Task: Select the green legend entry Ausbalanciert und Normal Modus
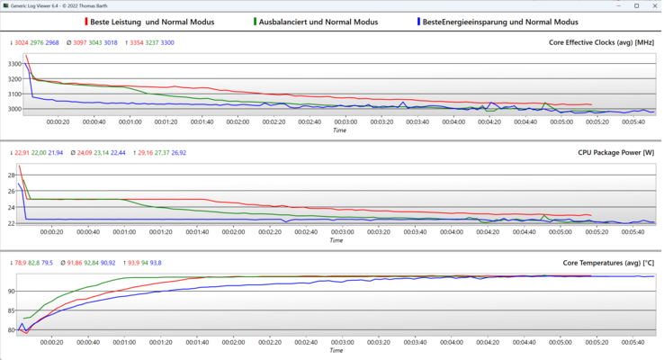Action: coord(315,21)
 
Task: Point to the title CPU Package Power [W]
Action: coord(616,153)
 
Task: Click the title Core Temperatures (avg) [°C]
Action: coord(608,263)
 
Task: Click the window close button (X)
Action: coord(651,6)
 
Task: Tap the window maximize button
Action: coord(632,6)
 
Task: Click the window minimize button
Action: coord(612,6)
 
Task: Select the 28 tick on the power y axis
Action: coord(12,175)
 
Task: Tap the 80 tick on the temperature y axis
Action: coord(12,330)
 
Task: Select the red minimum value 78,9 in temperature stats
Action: coord(22,263)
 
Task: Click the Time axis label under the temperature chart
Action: coord(339,350)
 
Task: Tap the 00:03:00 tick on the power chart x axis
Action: coord(345,231)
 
